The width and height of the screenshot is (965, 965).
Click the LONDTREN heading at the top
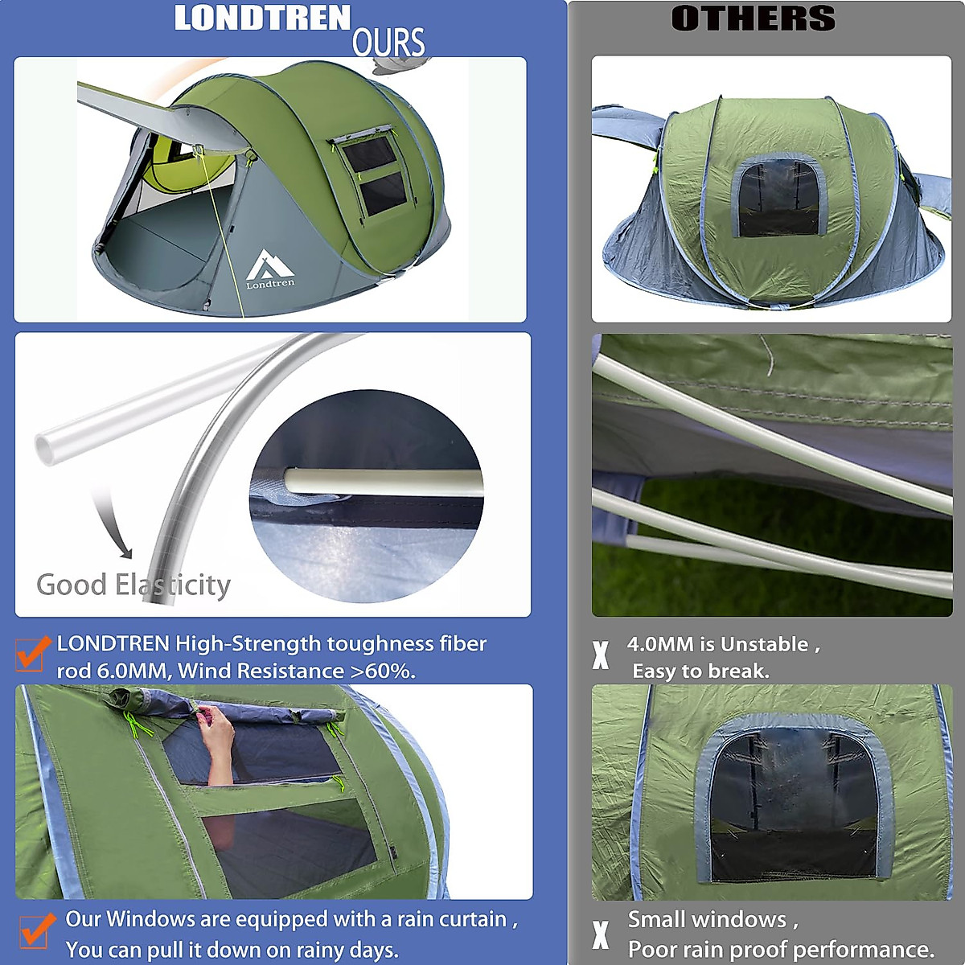[262, 18]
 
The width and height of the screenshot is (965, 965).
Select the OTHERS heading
[754, 18]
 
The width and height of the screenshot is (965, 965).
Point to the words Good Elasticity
[133, 585]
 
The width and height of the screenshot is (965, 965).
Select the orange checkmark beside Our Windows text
[35, 930]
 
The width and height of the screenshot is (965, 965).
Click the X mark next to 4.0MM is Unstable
[600, 655]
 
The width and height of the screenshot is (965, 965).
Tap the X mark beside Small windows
[600, 934]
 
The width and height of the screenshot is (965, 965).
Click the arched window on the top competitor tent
[779, 198]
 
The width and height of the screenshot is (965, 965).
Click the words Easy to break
[700, 671]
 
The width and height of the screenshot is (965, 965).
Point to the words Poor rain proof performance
[781, 949]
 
